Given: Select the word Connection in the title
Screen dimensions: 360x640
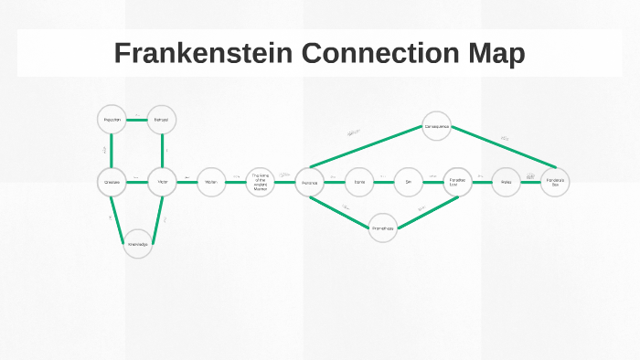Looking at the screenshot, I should pyautogui.click(x=375, y=53).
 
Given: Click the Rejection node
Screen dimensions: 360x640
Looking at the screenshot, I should pyautogui.click(x=112, y=120).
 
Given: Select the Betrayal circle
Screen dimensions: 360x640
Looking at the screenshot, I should pyautogui.click(x=162, y=120).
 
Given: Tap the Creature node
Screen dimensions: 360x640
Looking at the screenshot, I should pyautogui.click(x=112, y=182).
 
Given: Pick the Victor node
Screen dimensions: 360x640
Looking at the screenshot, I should pyautogui.click(x=162, y=182).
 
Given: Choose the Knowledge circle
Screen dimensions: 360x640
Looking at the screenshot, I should pyautogui.click(x=137, y=244).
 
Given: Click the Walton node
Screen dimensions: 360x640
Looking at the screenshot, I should pyautogui.click(x=211, y=182).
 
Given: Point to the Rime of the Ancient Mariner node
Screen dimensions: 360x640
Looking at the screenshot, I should pyautogui.click(x=261, y=182).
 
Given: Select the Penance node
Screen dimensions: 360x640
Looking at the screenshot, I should pyautogui.click(x=310, y=182).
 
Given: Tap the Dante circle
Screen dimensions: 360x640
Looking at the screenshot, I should pyautogui.click(x=359, y=182).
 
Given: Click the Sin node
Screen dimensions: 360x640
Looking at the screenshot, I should pyautogui.click(x=409, y=182).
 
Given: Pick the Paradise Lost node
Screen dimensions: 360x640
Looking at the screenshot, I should pyautogui.click(x=458, y=182).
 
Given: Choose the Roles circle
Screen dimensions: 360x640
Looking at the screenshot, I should pyautogui.click(x=506, y=182).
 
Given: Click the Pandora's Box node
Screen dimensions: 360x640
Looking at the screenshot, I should pyautogui.click(x=555, y=182).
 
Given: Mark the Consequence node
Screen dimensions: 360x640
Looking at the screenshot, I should pyautogui.click(x=436, y=125).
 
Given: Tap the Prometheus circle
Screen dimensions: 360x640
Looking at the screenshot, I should pyautogui.click(x=383, y=228).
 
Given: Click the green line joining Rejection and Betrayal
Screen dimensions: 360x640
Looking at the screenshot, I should pyautogui.click(x=137, y=120).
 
